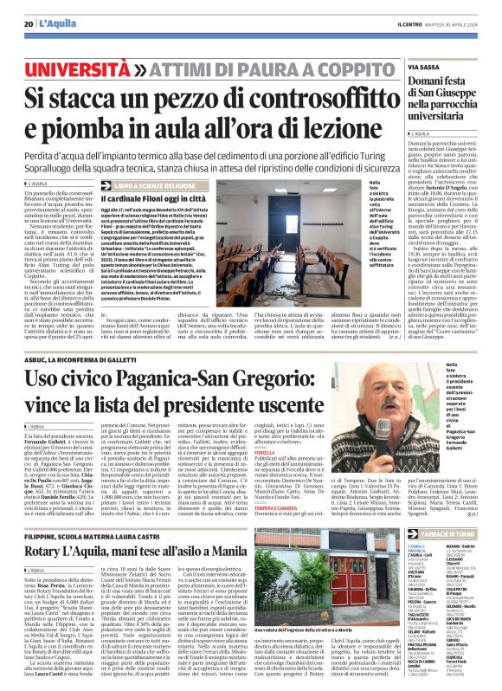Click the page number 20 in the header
[x=29, y=10]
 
